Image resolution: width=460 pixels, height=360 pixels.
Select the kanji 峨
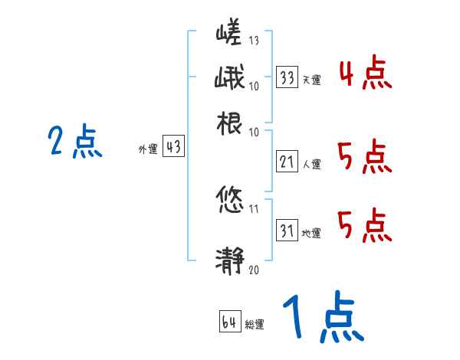click(x=229, y=80)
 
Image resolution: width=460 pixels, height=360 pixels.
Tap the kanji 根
click(x=229, y=125)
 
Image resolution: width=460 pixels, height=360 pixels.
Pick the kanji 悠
click(x=229, y=201)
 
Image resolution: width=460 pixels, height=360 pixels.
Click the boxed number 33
click(x=287, y=78)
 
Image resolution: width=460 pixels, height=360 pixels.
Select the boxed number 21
click(x=287, y=162)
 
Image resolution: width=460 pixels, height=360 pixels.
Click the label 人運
click(x=311, y=163)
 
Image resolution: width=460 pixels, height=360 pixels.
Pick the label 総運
click(x=254, y=324)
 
